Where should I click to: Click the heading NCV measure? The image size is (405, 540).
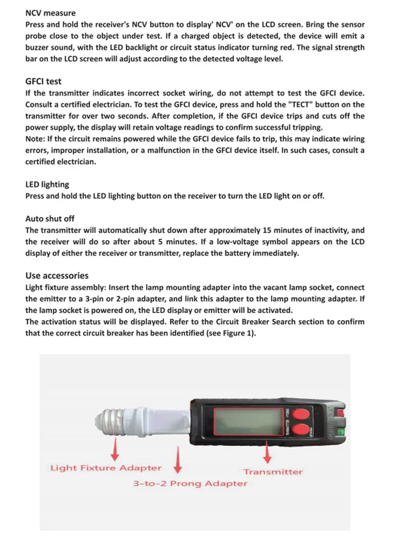[x=50, y=13]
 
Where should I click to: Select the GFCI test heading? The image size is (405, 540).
[x=43, y=82]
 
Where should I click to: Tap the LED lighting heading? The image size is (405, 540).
[x=47, y=185]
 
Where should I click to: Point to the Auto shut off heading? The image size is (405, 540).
[x=50, y=219]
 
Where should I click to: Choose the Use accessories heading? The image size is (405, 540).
[x=57, y=275]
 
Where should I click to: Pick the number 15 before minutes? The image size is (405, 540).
[x=267, y=230]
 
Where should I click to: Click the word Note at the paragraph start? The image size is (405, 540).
[x=35, y=139]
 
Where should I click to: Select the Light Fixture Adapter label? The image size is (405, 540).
[x=106, y=468]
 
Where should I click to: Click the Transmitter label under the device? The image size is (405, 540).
[x=273, y=471]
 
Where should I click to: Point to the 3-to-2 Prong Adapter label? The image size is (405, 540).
[x=190, y=483]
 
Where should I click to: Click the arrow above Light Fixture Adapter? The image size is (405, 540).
[x=115, y=449]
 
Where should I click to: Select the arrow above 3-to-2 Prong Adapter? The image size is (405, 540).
[x=178, y=460]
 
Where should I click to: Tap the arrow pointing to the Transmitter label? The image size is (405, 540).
[x=267, y=452]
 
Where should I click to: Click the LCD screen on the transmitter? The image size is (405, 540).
[x=248, y=422]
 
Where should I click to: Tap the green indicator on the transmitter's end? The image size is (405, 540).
[x=341, y=432]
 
